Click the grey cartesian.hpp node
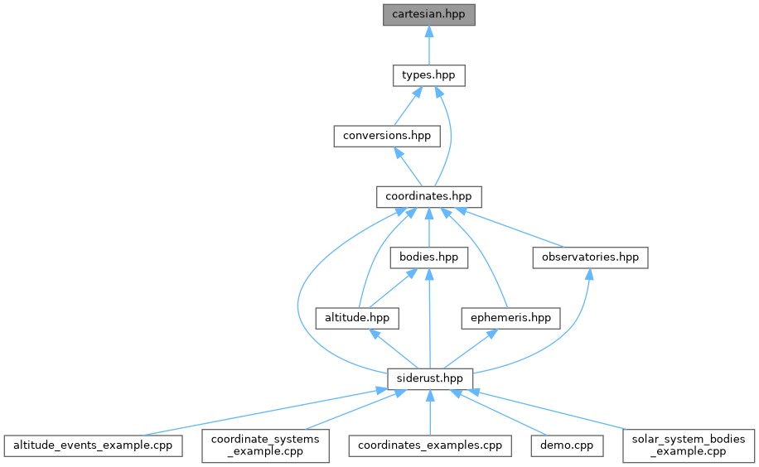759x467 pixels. pos(428,15)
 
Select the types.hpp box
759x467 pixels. pos(428,75)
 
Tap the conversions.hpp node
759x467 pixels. pos(387,136)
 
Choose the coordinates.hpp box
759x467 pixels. pos(428,197)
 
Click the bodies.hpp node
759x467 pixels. pos(428,258)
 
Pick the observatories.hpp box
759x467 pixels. pos(589,258)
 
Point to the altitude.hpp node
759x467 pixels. pos(357,318)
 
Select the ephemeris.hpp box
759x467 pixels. pos(510,318)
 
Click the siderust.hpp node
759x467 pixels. pos(429,378)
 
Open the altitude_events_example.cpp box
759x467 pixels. pos(93,445)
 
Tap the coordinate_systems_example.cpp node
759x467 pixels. pos(265,445)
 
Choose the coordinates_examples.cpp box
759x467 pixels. pos(429,445)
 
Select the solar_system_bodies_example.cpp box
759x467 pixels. pos(689,445)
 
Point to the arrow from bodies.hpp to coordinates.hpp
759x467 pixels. pos(428,228)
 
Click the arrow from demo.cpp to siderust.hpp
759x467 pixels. pos(497,412)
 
